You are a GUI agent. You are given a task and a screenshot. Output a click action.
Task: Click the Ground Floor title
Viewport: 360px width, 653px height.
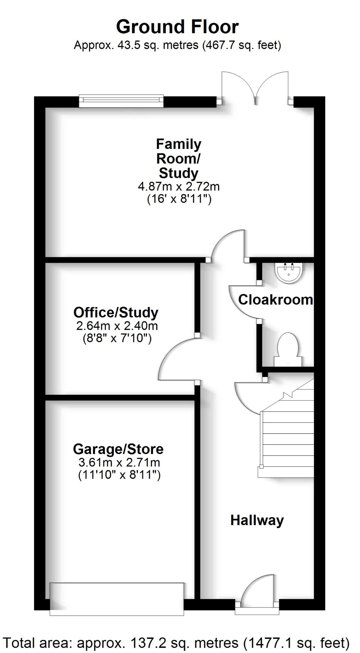177,27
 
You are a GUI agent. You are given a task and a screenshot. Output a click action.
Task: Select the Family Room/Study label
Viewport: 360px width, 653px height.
179,158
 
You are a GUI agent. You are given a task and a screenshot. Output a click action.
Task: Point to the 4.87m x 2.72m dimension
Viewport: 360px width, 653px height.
179,186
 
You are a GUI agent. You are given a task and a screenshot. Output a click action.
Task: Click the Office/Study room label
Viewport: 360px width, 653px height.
116,312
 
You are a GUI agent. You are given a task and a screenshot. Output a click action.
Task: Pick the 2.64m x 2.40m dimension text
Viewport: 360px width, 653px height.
117,326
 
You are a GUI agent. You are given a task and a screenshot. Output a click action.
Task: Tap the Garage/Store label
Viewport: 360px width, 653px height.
118,449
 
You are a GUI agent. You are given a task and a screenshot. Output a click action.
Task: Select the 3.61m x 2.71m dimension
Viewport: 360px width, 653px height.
119,462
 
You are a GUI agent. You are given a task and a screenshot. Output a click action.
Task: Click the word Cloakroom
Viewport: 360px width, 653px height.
276,300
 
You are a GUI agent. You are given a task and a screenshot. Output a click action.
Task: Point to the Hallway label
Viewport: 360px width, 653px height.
257,520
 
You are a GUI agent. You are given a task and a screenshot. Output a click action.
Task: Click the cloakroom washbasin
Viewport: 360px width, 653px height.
289,273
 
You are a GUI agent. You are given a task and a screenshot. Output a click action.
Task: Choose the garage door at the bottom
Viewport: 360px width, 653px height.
117,599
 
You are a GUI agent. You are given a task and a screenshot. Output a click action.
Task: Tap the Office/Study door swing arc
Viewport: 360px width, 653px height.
177,359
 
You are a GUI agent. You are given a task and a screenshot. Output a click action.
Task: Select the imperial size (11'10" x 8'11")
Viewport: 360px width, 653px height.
119,475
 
